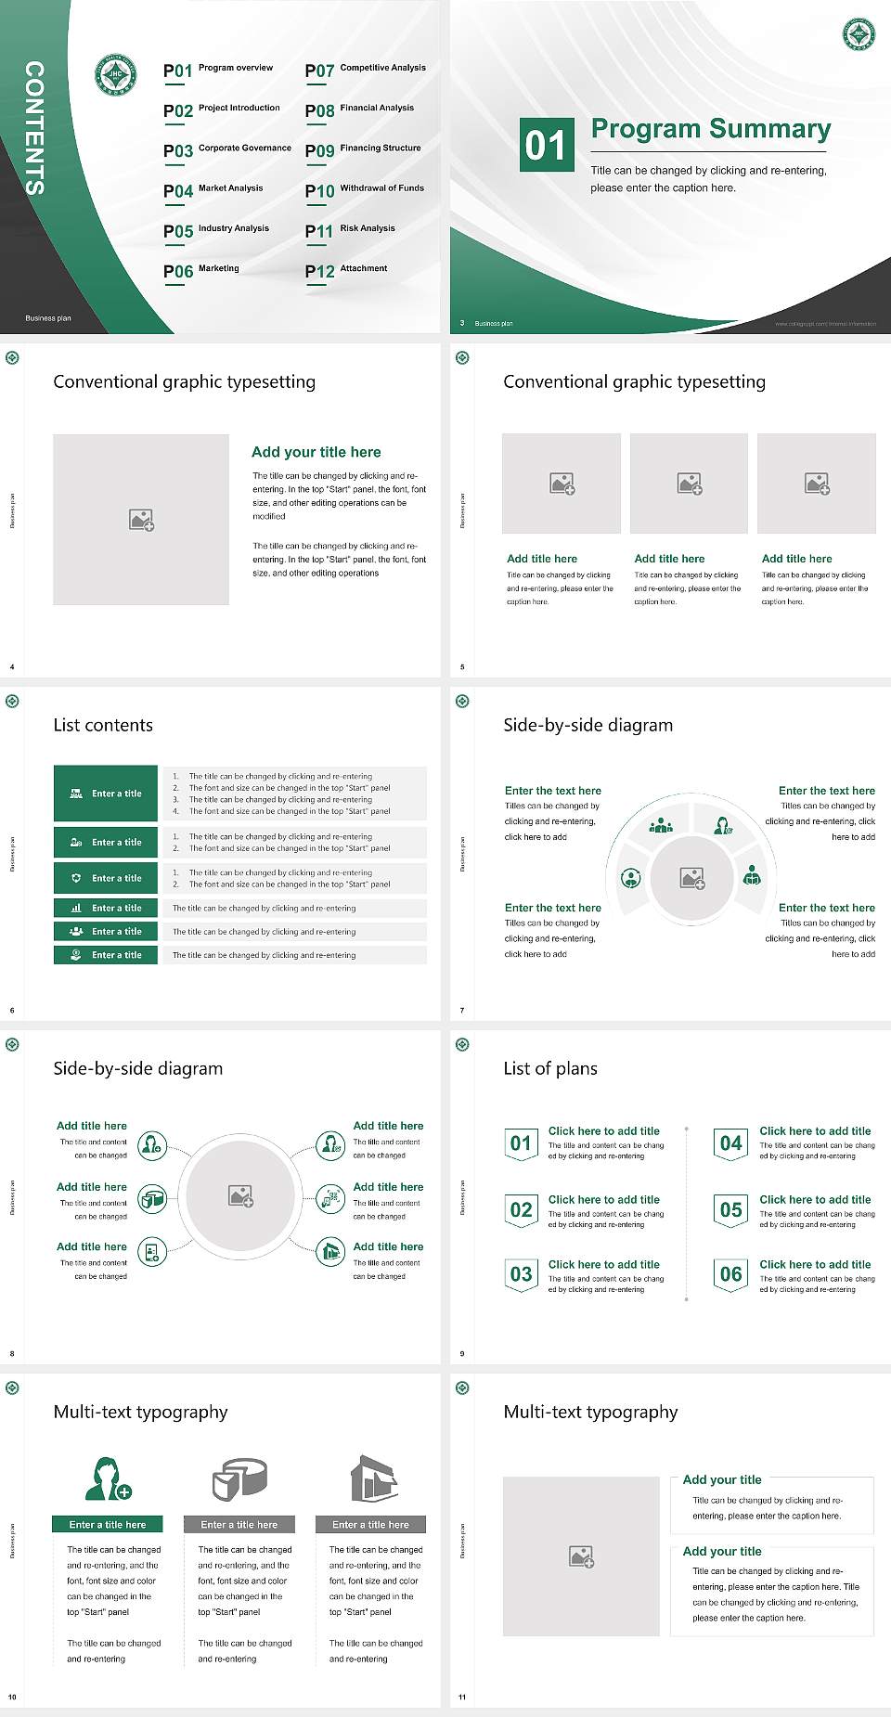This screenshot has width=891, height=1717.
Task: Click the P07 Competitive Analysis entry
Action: [365, 70]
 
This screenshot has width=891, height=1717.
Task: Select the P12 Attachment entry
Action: [346, 270]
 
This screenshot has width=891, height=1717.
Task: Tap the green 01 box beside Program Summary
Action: [547, 145]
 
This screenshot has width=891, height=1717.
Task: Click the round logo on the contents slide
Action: [116, 74]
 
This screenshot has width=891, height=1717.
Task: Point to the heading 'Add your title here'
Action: [316, 452]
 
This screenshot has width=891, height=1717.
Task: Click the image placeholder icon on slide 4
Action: [141, 520]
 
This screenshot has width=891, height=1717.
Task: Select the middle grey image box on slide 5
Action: [689, 484]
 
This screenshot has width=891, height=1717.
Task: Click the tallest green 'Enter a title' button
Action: [106, 794]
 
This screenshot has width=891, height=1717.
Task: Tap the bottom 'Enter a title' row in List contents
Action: [106, 955]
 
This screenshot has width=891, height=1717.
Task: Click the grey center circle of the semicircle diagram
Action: [691, 878]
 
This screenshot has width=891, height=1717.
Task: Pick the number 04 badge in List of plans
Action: [731, 1143]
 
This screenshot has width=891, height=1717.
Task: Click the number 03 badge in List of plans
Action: [521, 1274]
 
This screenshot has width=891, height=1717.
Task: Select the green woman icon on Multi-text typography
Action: [108, 1479]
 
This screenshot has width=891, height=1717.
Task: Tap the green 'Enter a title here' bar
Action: [108, 1524]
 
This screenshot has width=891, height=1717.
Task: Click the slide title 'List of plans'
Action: [549, 1068]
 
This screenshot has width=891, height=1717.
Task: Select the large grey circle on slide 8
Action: [240, 1195]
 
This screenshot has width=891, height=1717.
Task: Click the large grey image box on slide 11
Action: [581, 1556]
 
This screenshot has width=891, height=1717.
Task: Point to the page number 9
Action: [462, 1353]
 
